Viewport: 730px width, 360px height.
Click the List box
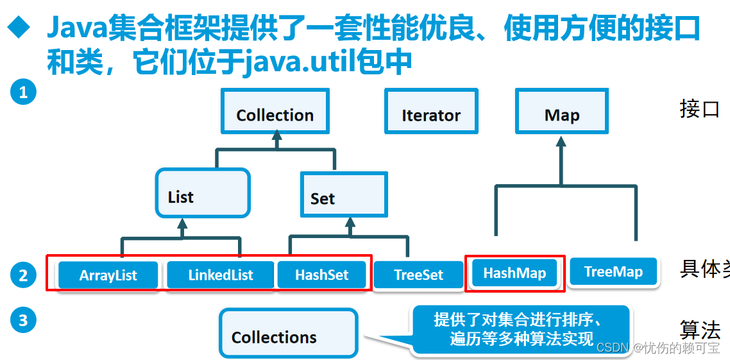click(x=202, y=193)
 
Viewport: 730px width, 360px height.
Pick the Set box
click(x=344, y=194)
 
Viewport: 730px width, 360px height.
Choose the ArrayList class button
click(x=108, y=275)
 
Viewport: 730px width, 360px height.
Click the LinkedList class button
click(x=221, y=275)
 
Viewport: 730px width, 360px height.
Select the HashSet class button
click(x=322, y=275)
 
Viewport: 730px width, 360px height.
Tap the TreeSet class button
click(x=419, y=275)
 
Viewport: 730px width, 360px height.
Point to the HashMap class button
click(x=514, y=273)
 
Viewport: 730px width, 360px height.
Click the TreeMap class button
click(x=613, y=272)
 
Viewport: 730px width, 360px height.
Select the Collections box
click(x=288, y=334)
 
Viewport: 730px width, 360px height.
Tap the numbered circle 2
click(x=23, y=276)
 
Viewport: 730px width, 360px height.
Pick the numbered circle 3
click(x=23, y=320)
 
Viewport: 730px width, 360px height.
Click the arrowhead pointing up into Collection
click(x=276, y=136)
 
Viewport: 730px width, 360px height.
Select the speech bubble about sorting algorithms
click(x=520, y=329)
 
